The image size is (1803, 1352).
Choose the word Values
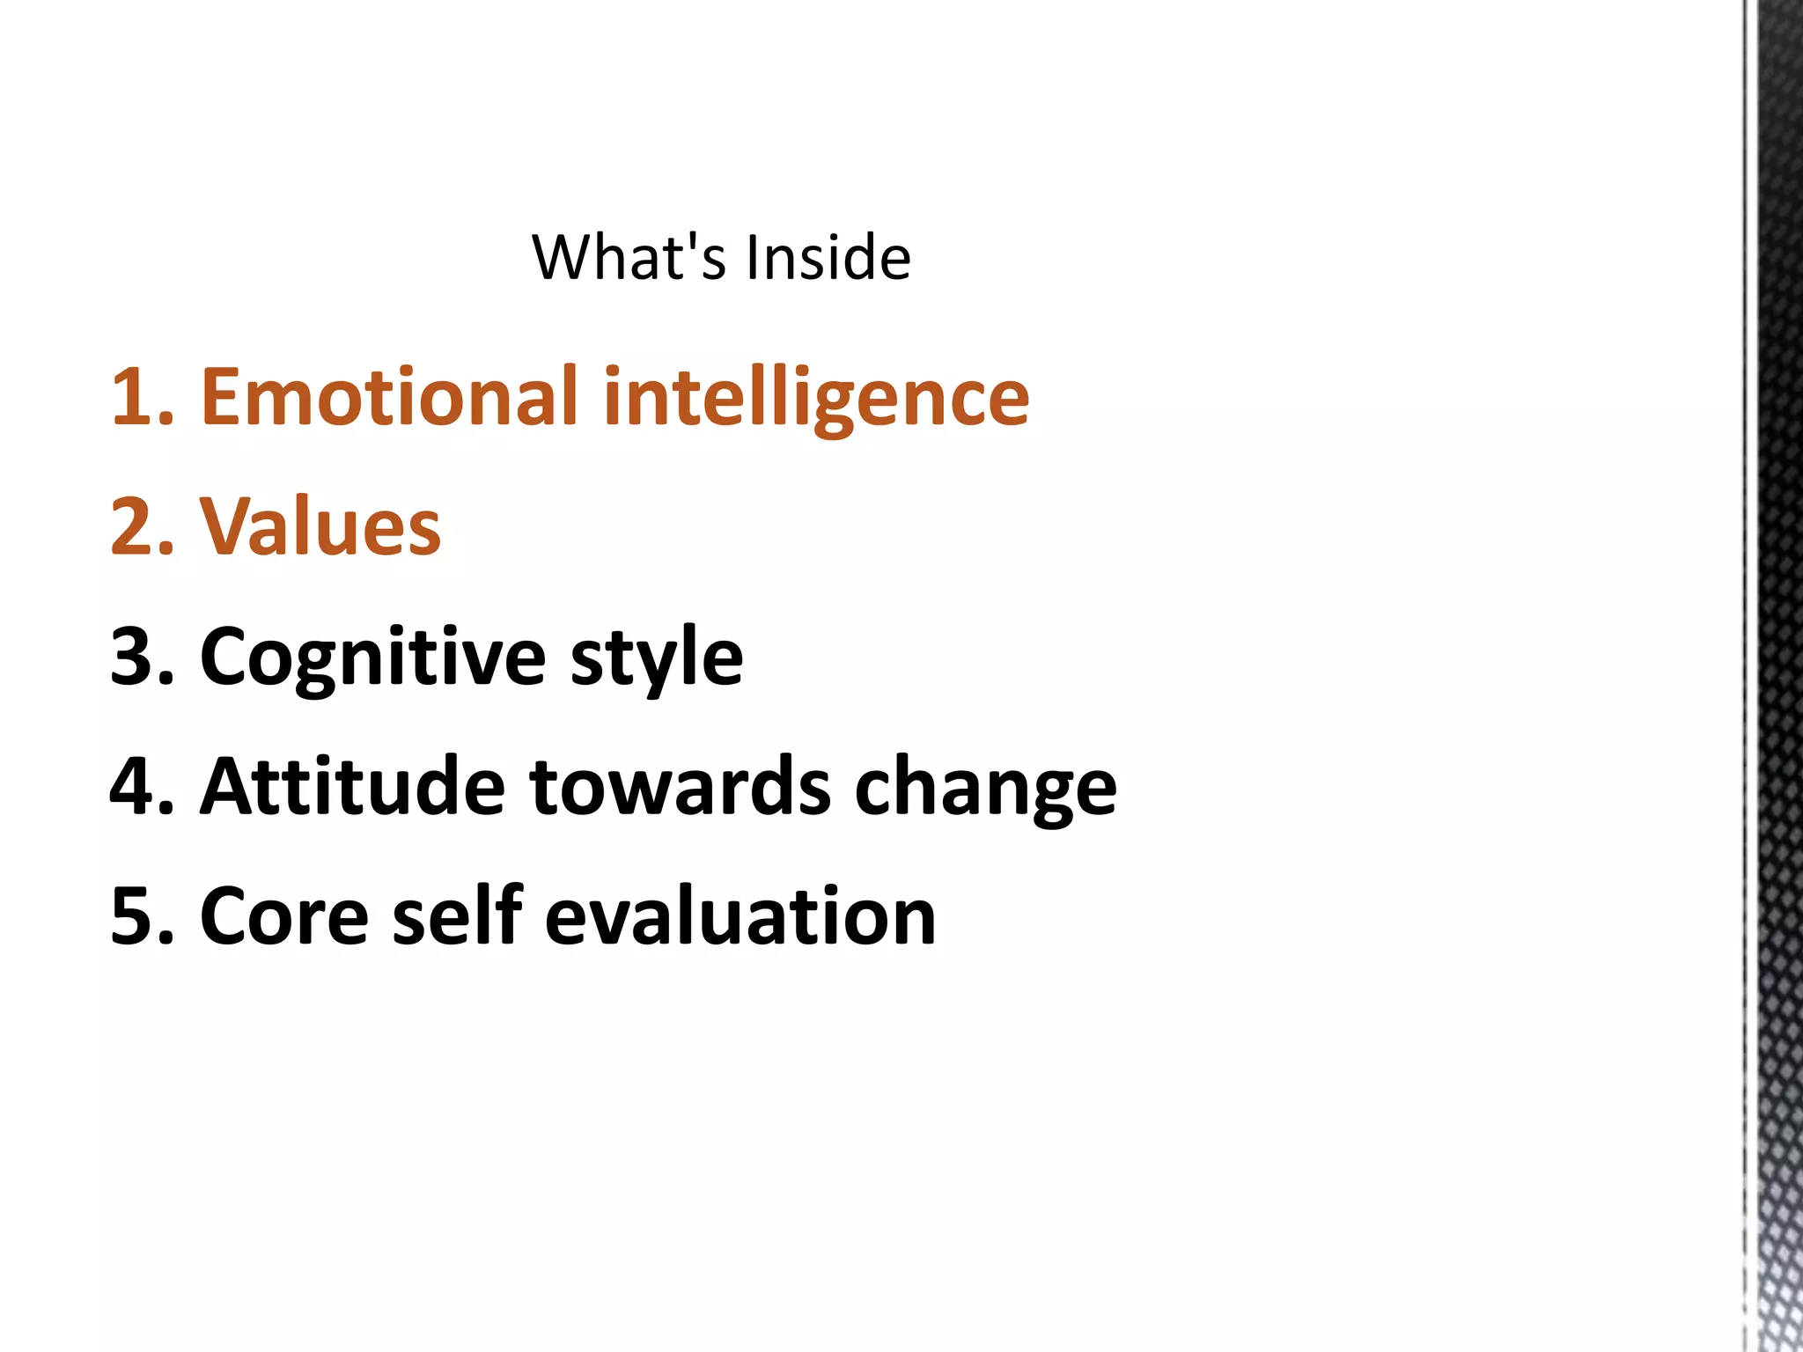click(320, 528)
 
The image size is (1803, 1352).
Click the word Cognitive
click(373, 658)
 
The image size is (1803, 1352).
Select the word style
click(657, 658)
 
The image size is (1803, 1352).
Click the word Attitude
click(352, 787)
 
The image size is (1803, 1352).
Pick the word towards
click(680, 787)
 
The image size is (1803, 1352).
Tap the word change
click(985, 787)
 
